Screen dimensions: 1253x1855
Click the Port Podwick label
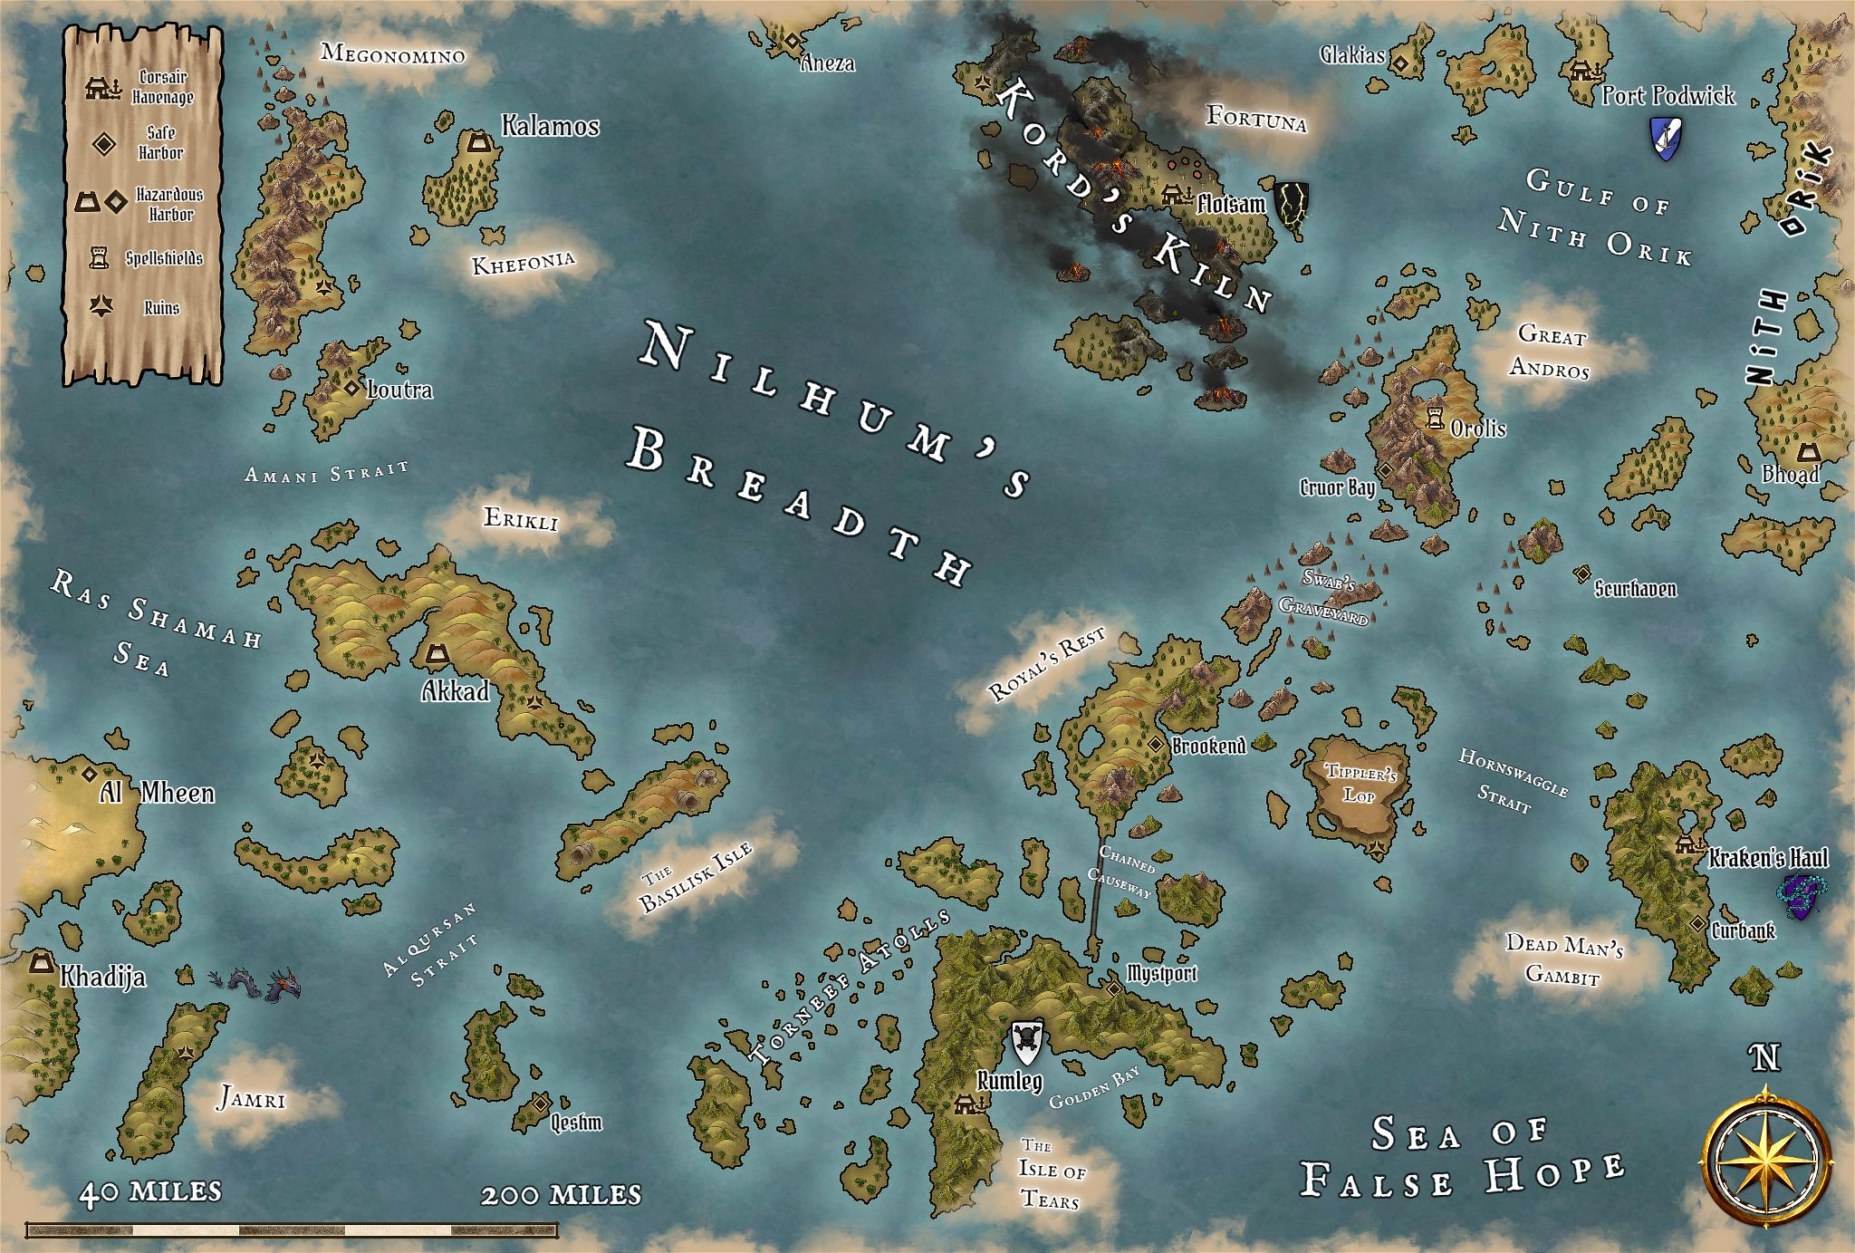(x=1668, y=95)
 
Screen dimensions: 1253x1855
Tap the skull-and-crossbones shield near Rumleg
(x=1025, y=1044)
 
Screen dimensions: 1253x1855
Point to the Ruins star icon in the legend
(x=100, y=307)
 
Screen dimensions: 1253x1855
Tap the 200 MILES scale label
(x=561, y=1195)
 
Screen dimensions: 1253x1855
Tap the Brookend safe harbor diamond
(x=1156, y=743)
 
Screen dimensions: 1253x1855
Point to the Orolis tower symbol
(x=1434, y=418)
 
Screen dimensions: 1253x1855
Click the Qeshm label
(x=575, y=1123)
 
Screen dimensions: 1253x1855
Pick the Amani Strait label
(x=327, y=472)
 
